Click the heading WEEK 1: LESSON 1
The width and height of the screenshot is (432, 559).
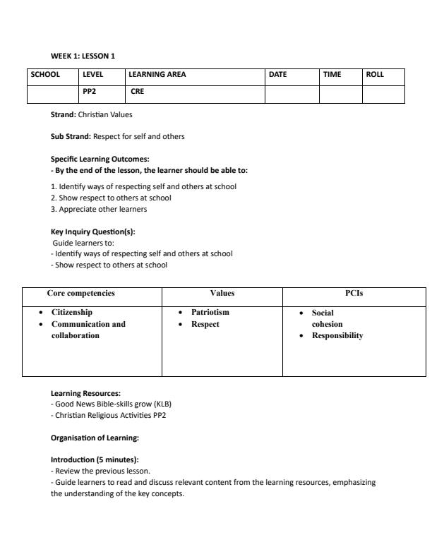(83, 56)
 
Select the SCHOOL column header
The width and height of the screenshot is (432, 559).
(44, 75)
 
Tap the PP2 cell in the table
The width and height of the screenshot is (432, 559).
(89, 91)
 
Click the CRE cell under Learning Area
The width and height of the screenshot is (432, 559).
(137, 91)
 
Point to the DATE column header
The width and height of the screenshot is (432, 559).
(278, 75)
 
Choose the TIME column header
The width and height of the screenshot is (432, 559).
(332, 75)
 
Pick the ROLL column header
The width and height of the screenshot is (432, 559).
(375, 75)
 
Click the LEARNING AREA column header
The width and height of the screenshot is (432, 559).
(157, 75)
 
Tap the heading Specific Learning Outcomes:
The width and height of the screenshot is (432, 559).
(100, 159)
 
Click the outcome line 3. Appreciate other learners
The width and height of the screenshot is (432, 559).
(98, 209)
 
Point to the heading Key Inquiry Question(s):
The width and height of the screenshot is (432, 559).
(92, 232)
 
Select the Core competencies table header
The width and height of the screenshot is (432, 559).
(80, 293)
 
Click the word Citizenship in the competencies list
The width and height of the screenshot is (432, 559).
(72, 312)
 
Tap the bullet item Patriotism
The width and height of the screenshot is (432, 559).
(210, 312)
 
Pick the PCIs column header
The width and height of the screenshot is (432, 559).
(354, 293)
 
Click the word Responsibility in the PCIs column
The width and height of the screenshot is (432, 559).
(337, 336)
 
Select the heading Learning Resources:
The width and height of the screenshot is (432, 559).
(85, 393)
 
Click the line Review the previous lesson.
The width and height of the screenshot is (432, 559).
(101, 470)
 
